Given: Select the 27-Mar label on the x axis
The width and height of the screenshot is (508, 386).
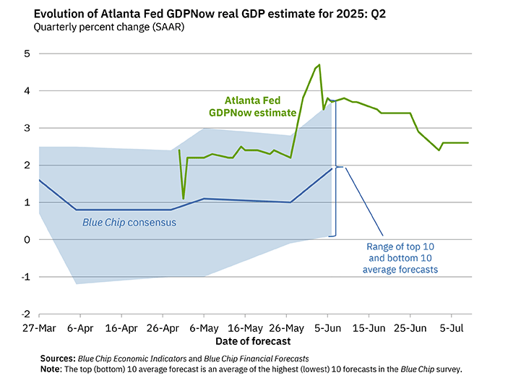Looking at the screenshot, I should point(38,327).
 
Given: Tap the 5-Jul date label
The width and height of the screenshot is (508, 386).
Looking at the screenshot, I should point(452,327).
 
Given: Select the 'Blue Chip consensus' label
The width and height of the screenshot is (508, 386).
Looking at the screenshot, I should point(127,223).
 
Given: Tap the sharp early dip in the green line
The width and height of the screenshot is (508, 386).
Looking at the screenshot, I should point(184,198).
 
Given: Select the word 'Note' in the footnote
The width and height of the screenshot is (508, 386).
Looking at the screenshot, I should point(52,369).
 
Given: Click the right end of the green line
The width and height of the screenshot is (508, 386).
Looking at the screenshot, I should point(468,143).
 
